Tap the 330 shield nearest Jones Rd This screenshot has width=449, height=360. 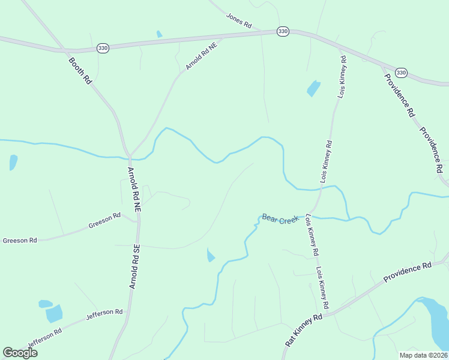[x=282, y=31]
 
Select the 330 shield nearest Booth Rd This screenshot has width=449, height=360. [x=103, y=48]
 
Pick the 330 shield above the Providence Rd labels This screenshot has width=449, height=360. [x=402, y=73]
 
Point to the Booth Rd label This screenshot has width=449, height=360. [x=79, y=70]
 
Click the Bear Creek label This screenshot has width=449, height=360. [x=280, y=219]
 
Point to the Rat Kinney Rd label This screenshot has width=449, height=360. [x=303, y=327]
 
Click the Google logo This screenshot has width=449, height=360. [x=20, y=353]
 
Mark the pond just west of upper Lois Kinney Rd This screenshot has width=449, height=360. [x=313, y=88]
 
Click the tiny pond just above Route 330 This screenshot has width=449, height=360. [x=159, y=34]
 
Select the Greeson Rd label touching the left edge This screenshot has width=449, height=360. [x=20, y=240]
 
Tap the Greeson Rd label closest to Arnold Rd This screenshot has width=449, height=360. [x=104, y=222]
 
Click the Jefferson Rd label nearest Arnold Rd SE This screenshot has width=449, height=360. [x=104, y=313]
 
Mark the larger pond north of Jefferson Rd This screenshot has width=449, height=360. [x=55, y=313]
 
